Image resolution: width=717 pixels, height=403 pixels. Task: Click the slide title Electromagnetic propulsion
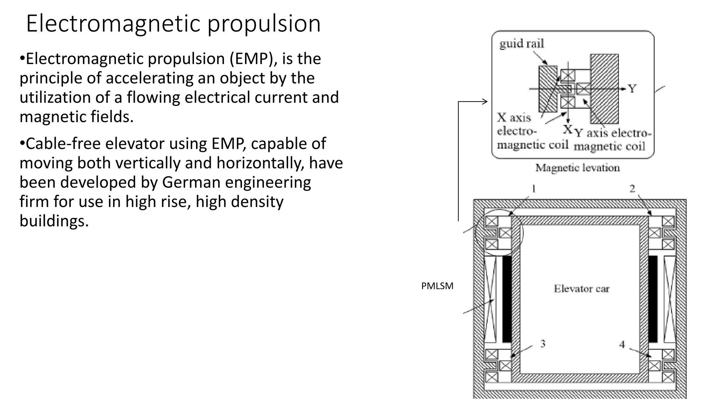point(173,24)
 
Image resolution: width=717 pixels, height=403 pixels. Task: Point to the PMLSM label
point(437,286)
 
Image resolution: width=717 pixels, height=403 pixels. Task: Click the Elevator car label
point(582,289)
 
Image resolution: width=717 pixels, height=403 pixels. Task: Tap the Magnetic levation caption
point(577,168)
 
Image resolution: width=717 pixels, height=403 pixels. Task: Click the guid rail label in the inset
point(521,44)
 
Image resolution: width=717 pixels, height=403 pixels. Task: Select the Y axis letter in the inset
point(632,89)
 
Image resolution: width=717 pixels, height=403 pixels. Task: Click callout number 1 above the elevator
point(534,189)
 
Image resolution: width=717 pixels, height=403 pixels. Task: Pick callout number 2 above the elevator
point(632,189)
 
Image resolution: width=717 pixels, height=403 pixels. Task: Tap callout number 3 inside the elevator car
point(543,344)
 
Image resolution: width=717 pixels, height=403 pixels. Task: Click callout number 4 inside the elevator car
point(622,345)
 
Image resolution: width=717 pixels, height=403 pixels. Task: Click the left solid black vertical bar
point(507,299)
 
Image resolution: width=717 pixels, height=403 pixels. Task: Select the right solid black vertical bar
point(653,299)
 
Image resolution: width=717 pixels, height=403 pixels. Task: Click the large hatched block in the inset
point(604,89)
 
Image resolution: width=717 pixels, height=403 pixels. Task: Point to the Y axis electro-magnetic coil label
point(613,140)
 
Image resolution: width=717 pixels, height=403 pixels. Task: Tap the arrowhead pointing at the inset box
point(485,102)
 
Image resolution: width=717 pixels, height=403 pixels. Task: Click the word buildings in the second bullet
point(54,221)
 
